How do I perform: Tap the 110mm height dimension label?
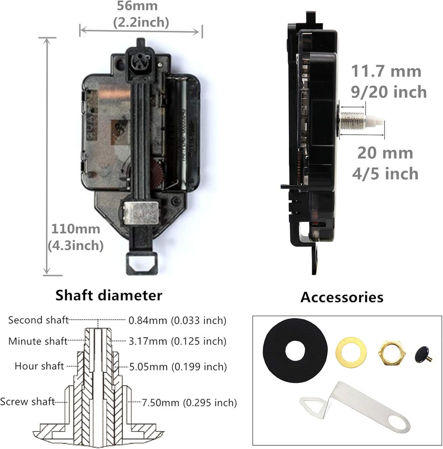(x=75, y=229)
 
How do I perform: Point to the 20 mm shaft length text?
(x=385, y=153)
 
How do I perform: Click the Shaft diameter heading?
(x=109, y=295)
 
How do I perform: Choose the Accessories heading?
(x=342, y=297)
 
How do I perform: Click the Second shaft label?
(x=39, y=320)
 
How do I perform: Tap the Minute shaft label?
(x=38, y=341)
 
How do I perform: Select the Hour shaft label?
(x=39, y=366)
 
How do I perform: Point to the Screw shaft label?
(x=28, y=401)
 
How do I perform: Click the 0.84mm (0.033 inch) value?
(x=177, y=320)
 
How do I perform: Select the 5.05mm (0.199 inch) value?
(x=178, y=366)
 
